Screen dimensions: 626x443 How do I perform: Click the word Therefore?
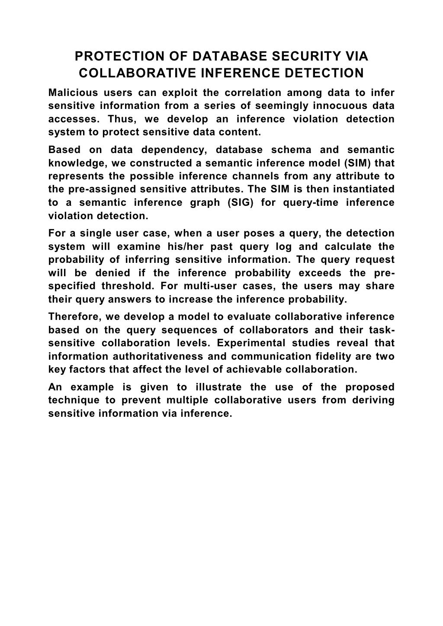pos(74,317)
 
